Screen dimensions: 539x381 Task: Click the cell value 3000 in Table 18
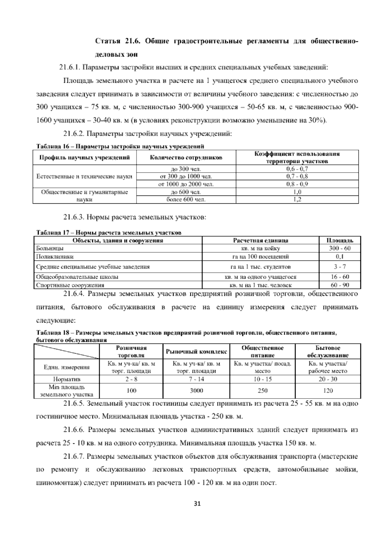[x=196, y=391]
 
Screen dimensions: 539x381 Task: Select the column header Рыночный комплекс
[x=196, y=351]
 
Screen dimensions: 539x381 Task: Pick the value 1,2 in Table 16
[x=297, y=200]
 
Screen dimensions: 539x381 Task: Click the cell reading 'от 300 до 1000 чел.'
[x=186, y=176]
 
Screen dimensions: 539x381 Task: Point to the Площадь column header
[x=340, y=241]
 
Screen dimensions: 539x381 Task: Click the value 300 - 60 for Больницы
[x=340, y=249]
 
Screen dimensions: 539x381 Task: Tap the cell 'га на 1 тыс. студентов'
[x=260, y=267]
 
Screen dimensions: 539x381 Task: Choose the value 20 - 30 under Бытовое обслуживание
[x=328, y=379]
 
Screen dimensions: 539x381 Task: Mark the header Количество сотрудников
[x=186, y=158]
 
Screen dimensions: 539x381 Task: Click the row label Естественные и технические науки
[x=84, y=176]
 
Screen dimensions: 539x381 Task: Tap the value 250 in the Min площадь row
[x=262, y=391]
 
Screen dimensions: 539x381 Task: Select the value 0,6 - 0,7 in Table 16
[x=297, y=169]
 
